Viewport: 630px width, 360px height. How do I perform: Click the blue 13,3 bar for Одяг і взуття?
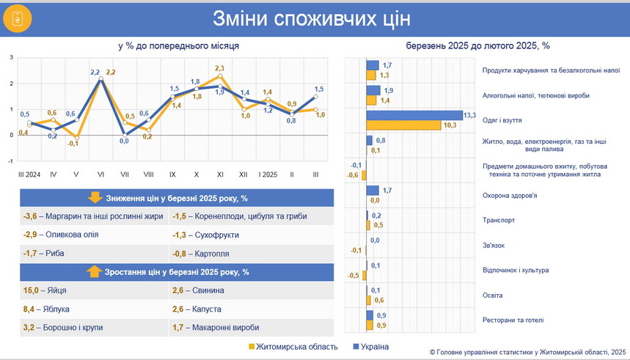click(x=414, y=115)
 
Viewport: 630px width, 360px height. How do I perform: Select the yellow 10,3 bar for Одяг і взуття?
click(x=406, y=125)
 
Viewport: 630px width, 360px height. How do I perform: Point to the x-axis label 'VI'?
click(x=100, y=175)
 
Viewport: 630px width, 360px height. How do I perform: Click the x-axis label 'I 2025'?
click(x=268, y=175)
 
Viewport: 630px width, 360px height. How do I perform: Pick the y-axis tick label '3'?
click(x=12, y=57)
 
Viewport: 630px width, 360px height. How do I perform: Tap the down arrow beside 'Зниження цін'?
click(x=95, y=198)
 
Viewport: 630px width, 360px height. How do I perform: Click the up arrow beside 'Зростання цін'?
click(x=94, y=272)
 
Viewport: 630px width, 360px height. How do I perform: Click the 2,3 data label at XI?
click(x=219, y=68)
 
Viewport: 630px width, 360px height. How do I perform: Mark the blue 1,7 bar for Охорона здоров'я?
click(x=373, y=190)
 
